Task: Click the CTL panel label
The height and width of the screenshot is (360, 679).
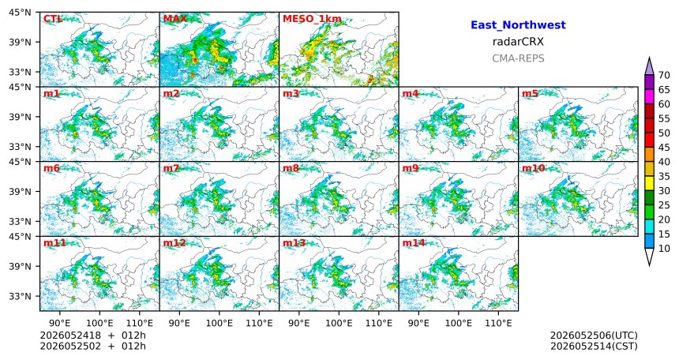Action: click(53, 19)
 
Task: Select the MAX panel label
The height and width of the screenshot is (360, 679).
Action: click(175, 19)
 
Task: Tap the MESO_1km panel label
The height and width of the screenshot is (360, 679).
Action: click(312, 19)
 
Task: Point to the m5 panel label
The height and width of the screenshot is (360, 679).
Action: click(531, 94)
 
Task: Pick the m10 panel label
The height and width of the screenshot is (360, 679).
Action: click(533, 168)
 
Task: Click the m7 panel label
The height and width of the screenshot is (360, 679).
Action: click(171, 168)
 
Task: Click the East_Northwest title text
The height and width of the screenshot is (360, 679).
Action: click(518, 25)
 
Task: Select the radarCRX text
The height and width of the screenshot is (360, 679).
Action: click(518, 42)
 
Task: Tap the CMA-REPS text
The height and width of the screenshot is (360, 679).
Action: click(518, 58)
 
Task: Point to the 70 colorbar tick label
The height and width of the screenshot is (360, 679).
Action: click(664, 75)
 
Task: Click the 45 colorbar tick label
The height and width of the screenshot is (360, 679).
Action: click(664, 148)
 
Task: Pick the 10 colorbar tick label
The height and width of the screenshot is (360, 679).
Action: click(664, 248)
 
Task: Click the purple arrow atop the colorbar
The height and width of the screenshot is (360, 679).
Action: click(649, 67)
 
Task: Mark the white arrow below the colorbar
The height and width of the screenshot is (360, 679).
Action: click(649, 257)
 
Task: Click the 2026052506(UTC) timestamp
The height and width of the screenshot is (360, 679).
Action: click(594, 336)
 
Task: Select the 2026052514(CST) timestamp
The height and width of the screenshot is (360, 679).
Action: click(594, 346)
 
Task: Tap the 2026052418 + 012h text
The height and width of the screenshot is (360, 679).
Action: click(92, 336)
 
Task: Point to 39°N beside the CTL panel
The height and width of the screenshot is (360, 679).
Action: click(20, 42)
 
